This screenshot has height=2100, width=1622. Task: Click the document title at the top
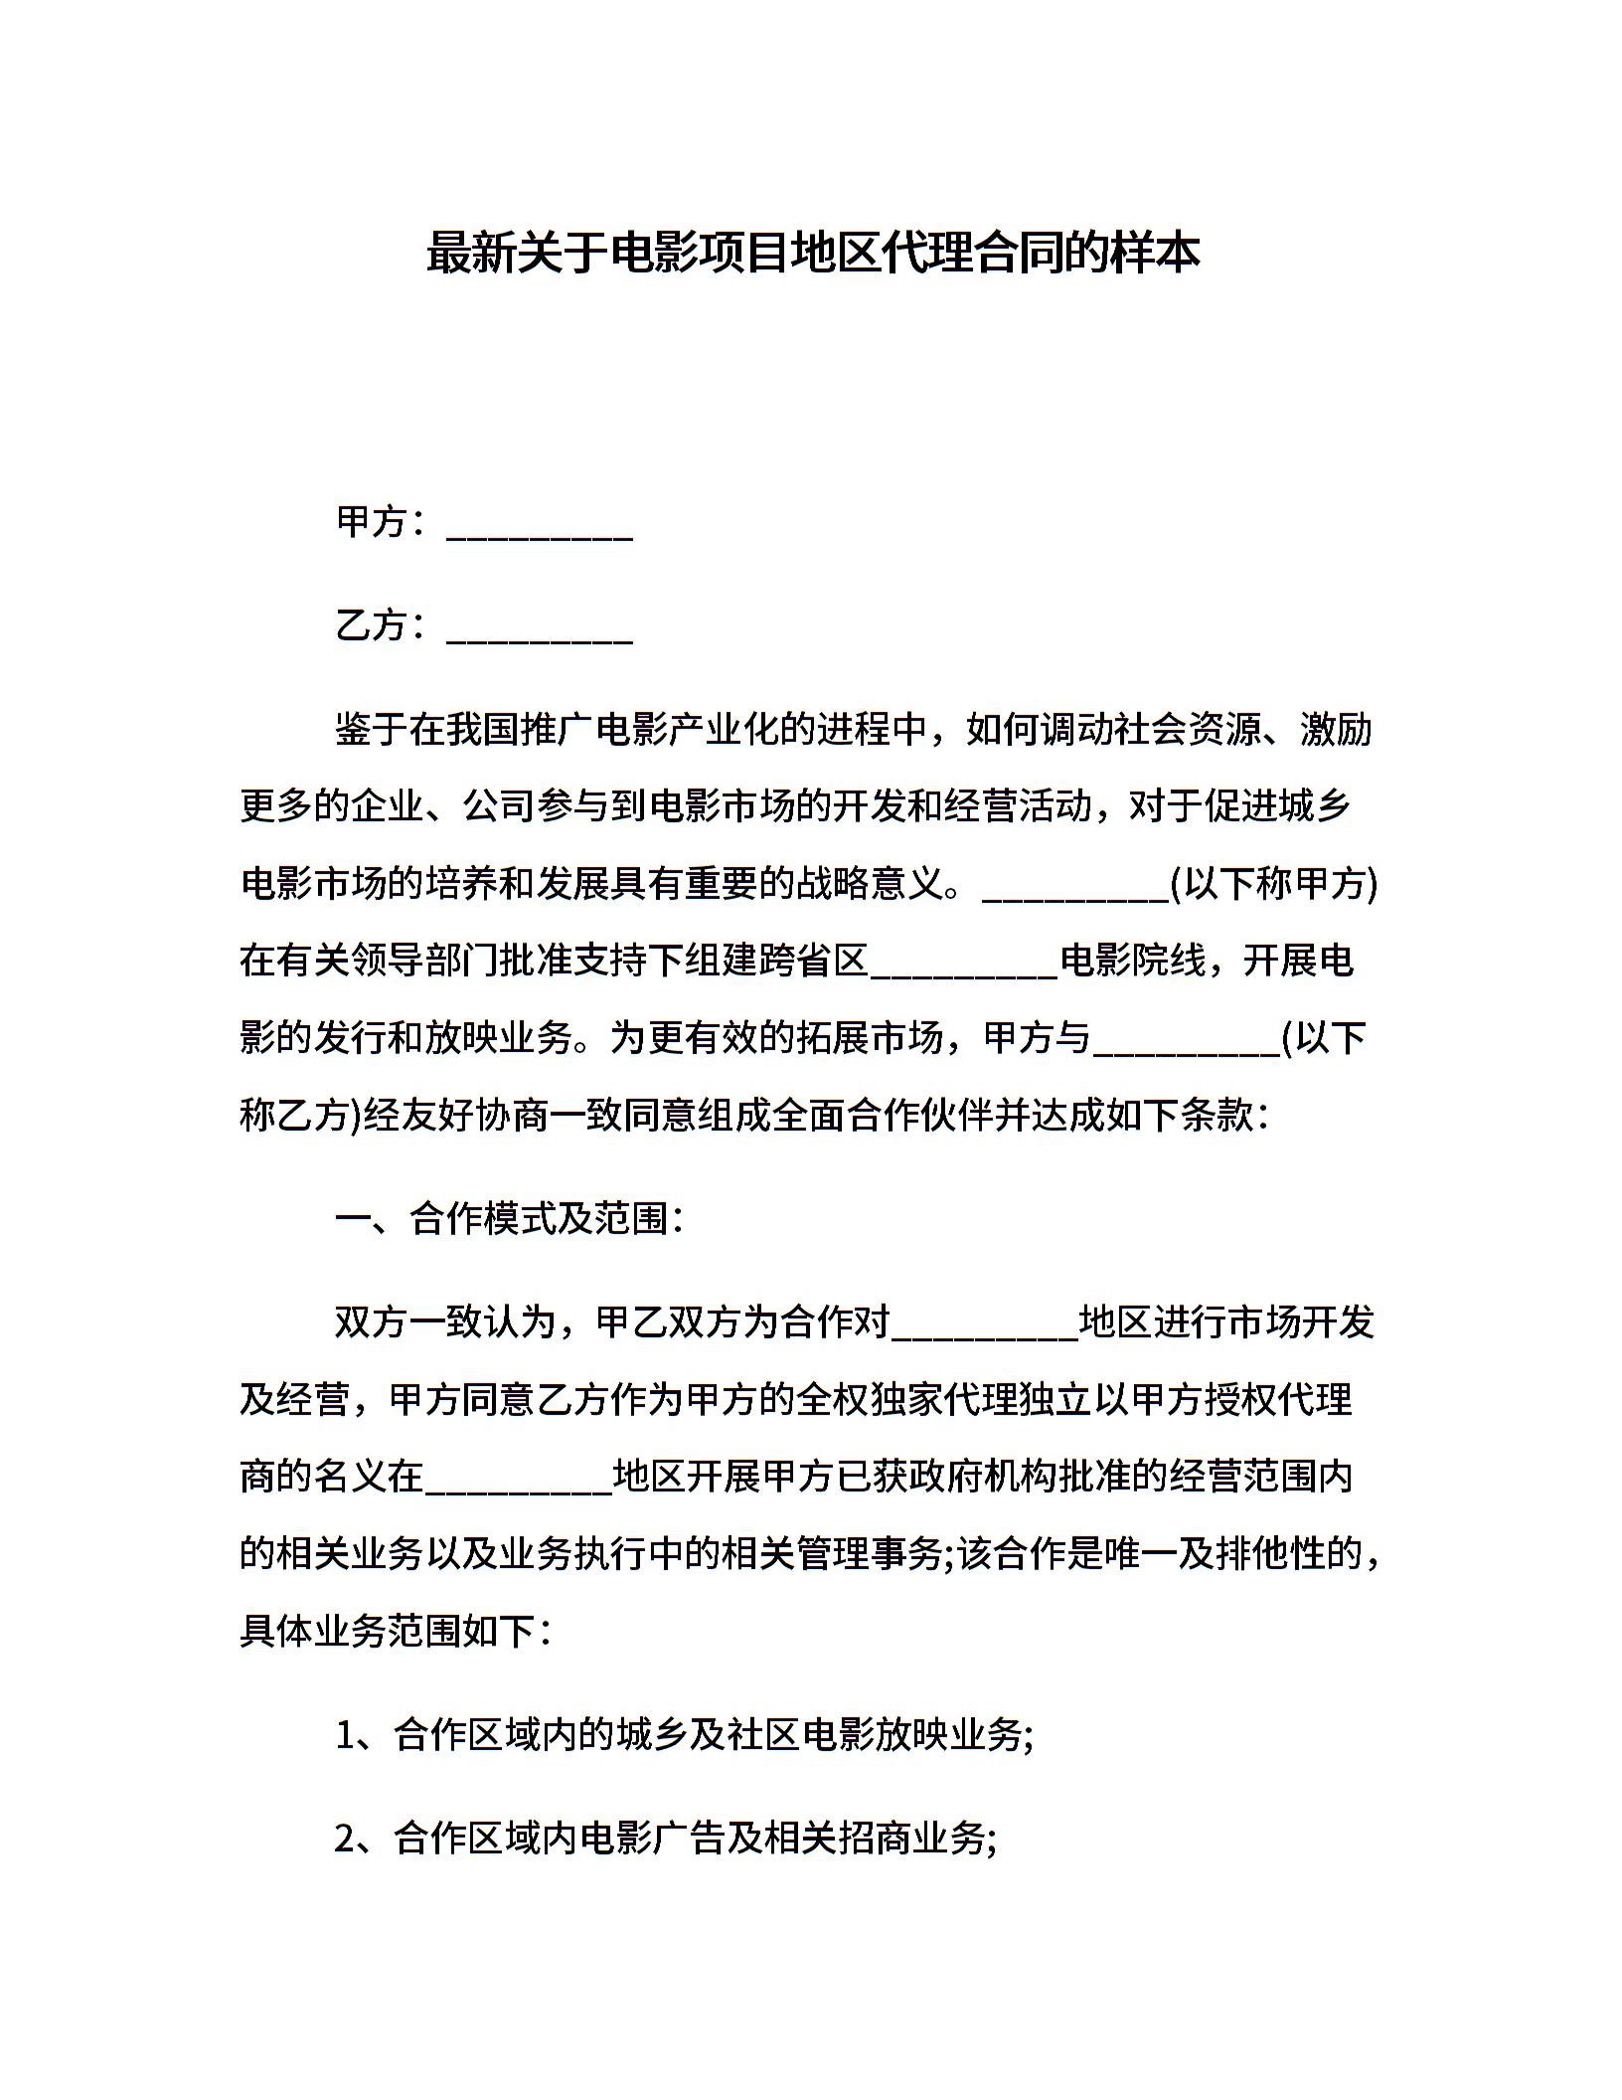[x=812, y=254]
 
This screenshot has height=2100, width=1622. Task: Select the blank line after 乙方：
[x=540, y=628]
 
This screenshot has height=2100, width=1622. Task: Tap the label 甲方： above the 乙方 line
[x=382, y=522]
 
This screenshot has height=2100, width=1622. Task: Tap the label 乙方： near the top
[x=382, y=625]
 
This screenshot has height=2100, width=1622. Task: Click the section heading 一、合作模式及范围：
[x=510, y=1219]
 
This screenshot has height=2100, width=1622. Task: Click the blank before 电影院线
[x=964, y=962]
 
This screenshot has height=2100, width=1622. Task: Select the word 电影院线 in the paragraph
[x=1132, y=962]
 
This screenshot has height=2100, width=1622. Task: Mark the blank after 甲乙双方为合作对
[x=984, y=1322]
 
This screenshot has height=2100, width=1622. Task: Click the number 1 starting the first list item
[x=345, y=1736]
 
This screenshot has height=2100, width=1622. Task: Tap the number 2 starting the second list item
[x=345, y=1839]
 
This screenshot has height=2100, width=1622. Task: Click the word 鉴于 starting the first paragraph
[x=371, y=730]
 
